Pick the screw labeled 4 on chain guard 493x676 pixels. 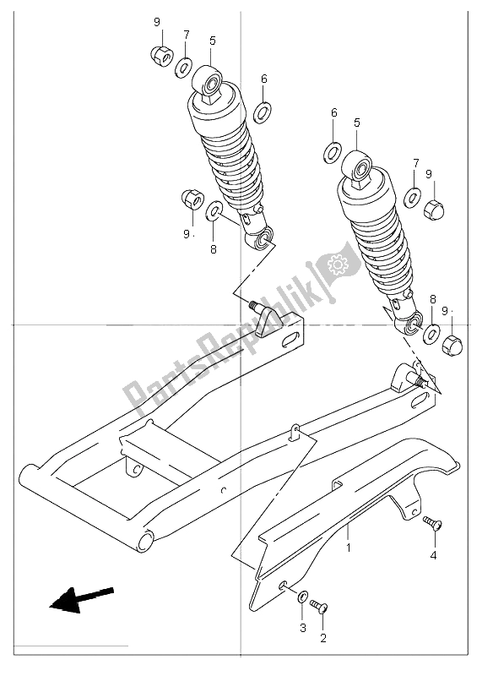(x=434, y=525)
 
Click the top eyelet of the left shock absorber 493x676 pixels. (x=210, y=82)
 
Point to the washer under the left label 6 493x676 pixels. (x=263, y=110)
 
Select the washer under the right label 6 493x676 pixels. (x=333, y=153)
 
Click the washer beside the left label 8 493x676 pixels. (x=215, y=210)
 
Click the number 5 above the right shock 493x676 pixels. (x=356, y=123)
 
